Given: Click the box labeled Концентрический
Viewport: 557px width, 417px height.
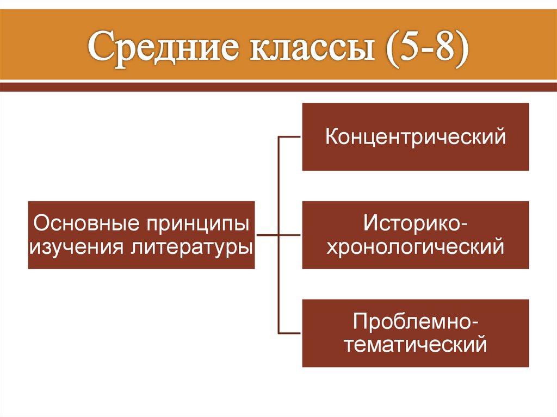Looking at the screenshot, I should point(416,136).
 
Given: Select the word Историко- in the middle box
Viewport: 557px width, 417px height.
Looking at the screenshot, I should point(416,223).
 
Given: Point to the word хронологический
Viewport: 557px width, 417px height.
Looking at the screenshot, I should point(416,247).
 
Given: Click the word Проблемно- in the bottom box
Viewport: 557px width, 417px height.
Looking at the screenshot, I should point(416,321).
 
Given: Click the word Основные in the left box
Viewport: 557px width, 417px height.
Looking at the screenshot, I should point(84,223).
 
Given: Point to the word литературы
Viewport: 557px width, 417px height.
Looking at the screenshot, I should point(192,247).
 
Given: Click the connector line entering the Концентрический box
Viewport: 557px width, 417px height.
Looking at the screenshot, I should point(290,137).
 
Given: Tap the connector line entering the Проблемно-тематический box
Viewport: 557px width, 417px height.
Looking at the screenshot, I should point(290,333).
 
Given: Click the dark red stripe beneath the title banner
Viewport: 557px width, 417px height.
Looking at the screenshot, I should point(278,86).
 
